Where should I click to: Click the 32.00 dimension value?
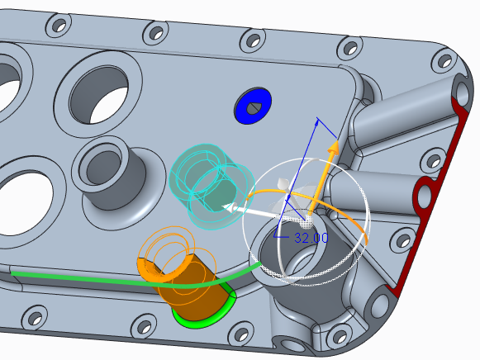point(311,238)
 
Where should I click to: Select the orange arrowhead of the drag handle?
point(334,148)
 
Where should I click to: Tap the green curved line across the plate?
point(135,280)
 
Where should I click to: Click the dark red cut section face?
point(429,190)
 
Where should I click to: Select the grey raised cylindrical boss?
point(113,178)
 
